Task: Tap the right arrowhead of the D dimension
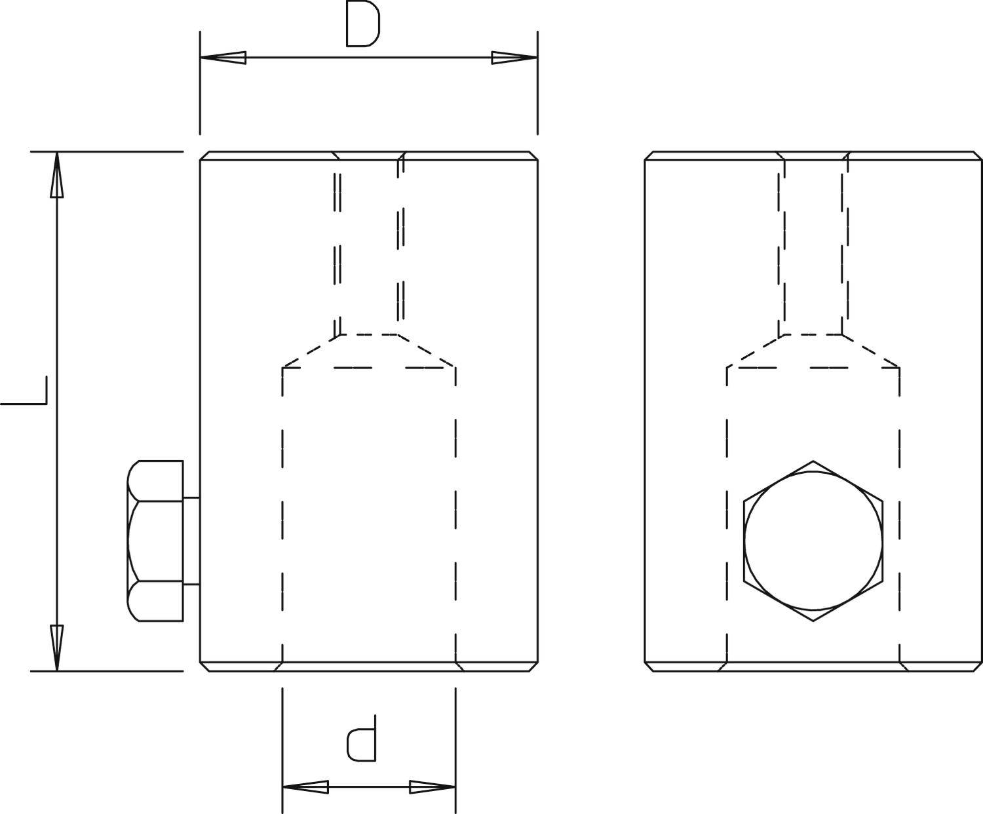tap(514, 58)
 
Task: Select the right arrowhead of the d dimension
tap(433, 786)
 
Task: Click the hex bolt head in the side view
tap(156, 541)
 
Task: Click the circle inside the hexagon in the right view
tap(813, 541)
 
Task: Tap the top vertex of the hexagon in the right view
tap(813, 461)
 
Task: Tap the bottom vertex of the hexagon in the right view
tap(813, 620)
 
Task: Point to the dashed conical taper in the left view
tap(368, 351)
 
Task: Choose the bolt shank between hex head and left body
tap(191, 541)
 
